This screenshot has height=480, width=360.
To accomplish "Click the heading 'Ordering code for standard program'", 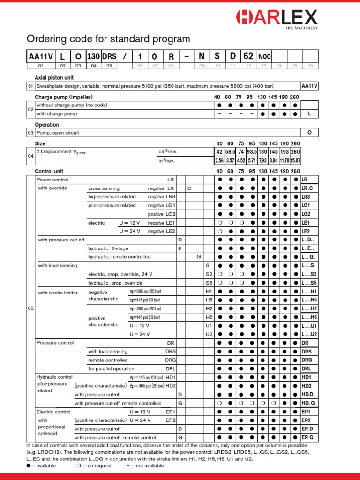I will point(108,39).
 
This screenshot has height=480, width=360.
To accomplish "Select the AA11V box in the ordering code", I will point(41,57).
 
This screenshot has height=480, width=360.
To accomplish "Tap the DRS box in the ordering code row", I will point(109,57).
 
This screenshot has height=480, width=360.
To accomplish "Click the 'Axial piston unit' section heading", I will point(54,77).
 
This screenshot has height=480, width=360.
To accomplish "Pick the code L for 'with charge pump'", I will point(309,114).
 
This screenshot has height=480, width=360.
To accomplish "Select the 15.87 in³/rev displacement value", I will point(295,161).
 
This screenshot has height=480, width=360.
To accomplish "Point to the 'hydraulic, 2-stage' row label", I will point(108,248).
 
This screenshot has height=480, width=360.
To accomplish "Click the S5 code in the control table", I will point(209,283).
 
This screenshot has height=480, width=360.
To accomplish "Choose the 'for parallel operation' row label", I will point(111,369).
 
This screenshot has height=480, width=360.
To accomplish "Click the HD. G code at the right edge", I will point(308,403).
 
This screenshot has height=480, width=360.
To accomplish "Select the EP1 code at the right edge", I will point(306,412).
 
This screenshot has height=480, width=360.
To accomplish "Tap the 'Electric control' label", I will point(53,412).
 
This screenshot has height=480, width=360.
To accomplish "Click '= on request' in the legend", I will point(99,466).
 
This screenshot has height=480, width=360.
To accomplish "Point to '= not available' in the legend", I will point(148,466).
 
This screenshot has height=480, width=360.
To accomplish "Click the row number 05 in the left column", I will point(30,308).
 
